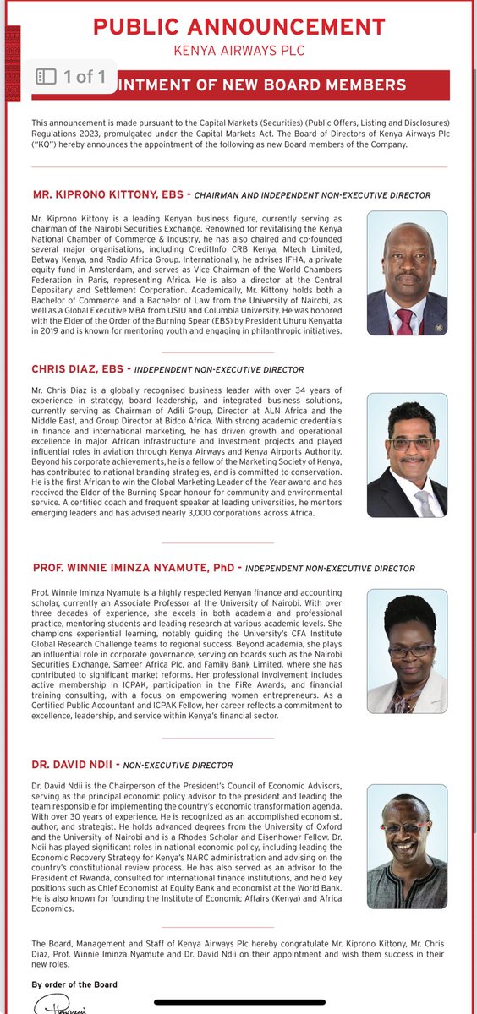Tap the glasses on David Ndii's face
pyautogui.click(x=405, y=827)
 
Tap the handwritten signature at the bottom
pyautogui.click(x=58, y=1004)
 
